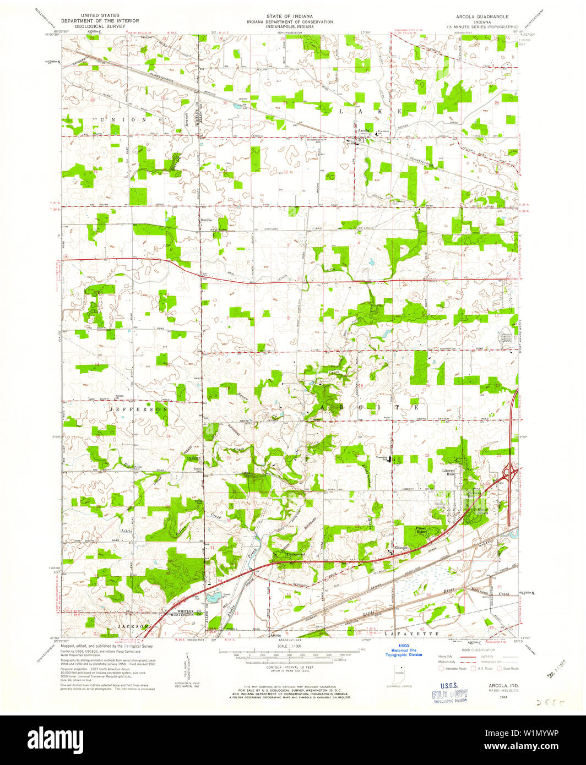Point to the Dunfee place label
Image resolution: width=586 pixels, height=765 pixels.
click(205, 220)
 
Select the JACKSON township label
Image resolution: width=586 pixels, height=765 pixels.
click(133, 627)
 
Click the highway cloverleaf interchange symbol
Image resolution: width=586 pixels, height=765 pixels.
click(509, 471)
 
